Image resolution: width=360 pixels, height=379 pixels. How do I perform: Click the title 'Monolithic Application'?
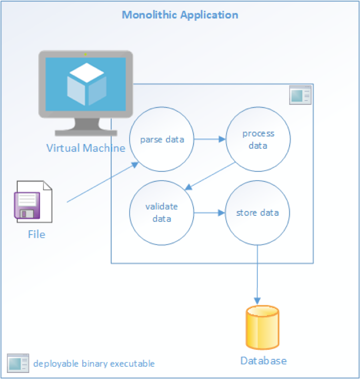(180, 15)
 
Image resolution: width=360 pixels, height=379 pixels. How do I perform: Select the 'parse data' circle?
(162, 139)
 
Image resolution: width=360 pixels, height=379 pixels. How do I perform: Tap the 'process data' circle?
(258, 139)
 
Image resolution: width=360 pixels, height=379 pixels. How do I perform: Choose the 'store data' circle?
(258, 213)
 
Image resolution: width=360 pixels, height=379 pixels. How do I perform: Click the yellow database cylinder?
(262, 327)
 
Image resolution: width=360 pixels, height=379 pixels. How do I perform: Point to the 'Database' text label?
(263, 361)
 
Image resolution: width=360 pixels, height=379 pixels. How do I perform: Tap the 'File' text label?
(36, 234)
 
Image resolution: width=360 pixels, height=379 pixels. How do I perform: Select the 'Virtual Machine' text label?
(86, 148)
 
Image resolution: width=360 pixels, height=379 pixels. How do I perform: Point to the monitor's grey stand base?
(86, 132)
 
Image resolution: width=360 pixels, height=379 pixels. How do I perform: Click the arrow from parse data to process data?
(209, 139)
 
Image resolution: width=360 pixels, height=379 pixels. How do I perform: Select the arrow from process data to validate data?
(209, 176)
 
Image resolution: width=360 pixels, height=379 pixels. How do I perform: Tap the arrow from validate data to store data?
(209, 213)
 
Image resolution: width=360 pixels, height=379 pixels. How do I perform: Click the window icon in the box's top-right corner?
(300, 95)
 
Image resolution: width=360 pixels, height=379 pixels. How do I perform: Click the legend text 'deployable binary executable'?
(94, 364)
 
